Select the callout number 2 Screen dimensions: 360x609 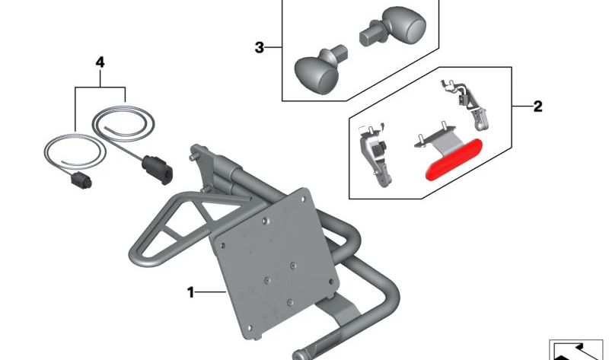[537, 107]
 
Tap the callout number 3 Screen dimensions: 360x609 [260, 49]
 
